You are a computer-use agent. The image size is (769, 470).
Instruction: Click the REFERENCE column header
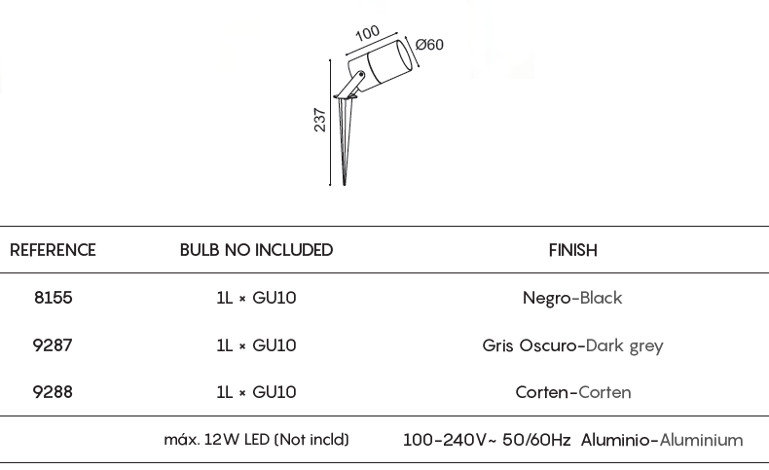pos(53,250)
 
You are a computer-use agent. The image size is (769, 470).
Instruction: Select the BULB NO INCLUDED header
pos(256,250)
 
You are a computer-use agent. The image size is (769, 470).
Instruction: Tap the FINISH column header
pos(572,250)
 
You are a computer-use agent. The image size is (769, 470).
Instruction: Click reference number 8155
pos(53,298)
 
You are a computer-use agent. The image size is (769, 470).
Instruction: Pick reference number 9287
pos(53,345)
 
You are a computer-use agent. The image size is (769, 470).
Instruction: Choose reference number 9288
pos(53,392)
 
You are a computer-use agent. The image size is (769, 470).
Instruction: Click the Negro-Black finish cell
pos(572,298)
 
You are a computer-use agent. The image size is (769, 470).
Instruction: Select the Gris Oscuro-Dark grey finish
pos(572,345)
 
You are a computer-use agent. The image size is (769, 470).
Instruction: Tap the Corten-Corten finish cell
pos(572,392)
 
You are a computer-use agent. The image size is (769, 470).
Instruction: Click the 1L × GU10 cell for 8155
pos(256,298)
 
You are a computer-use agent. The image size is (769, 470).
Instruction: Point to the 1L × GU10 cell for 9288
pos(256,392)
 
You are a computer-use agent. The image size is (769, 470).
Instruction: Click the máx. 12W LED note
pos(257,440)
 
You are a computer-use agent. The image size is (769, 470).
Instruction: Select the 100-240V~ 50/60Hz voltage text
pos(487,440)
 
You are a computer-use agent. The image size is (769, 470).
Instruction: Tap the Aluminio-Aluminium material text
pos(662,440)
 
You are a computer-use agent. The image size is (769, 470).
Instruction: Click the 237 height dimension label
pos(319,120)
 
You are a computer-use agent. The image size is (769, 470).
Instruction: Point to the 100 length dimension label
pos(367,33)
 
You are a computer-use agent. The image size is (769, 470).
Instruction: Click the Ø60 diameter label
pos(429,45)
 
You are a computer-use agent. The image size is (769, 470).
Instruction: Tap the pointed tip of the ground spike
pos(345,185)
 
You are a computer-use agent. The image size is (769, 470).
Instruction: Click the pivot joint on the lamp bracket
pos(361,75)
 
